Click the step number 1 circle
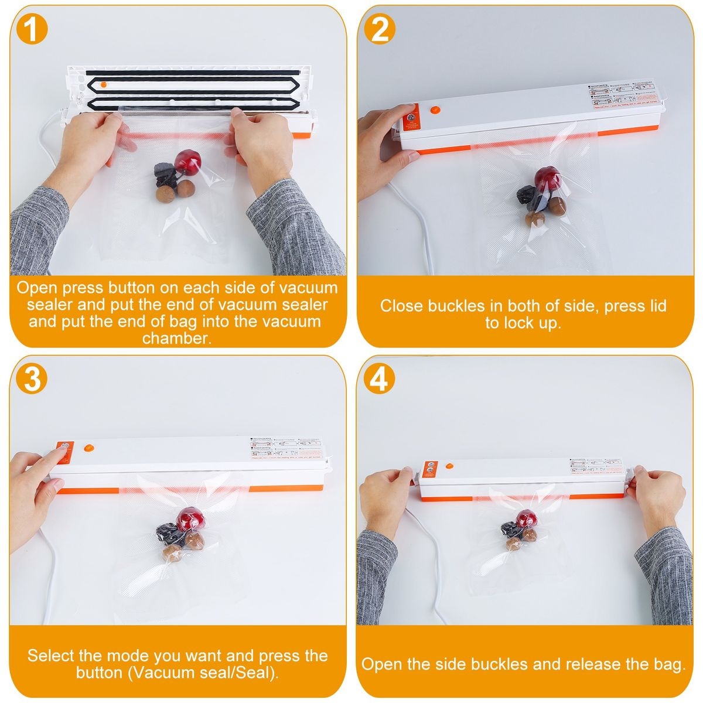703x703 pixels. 32,29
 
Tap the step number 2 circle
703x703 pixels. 380,29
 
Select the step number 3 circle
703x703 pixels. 32,379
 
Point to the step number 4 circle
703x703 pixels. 380,379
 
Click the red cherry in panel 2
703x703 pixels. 547,175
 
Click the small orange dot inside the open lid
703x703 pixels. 103,84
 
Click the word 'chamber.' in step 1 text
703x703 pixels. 176,338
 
